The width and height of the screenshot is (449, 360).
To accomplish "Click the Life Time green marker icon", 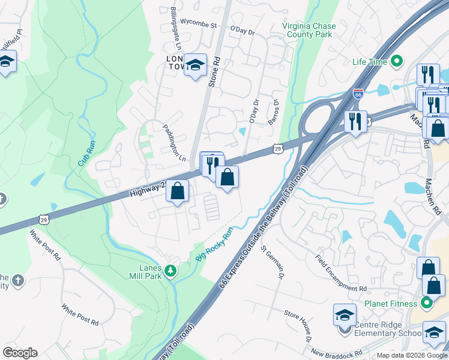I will point(396,61).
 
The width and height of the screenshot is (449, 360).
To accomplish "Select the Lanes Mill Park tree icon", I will point(171,272).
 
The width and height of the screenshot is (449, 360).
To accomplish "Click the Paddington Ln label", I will point(175,142).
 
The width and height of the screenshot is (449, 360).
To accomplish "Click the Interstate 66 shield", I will point(358,94).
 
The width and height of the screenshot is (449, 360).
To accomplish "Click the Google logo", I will point(20,353).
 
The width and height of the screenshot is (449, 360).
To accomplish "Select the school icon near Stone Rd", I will point(195,64).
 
